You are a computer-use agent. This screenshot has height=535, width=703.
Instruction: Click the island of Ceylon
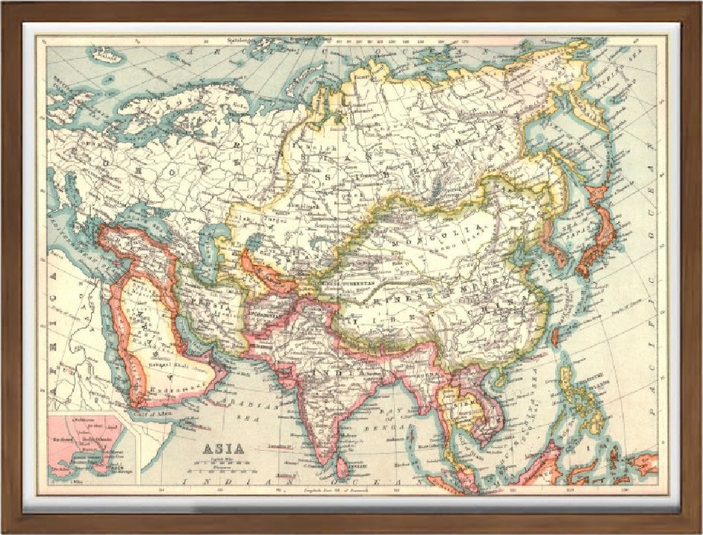pos(342,468)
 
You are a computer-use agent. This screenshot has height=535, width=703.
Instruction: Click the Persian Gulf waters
pos(196,336)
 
